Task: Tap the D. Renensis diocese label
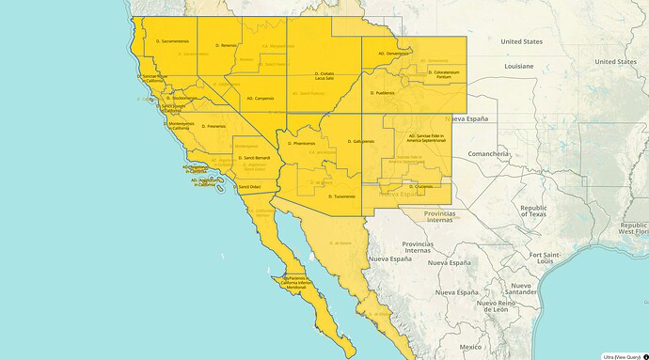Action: [x=227, y=45]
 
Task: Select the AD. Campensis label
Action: [x=261, y=98]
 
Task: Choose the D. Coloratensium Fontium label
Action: [x=443, y=73]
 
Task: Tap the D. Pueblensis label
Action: [x=384, y=93]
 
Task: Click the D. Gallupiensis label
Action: [x=360, y=142]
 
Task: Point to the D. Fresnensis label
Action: [x=217, y=126]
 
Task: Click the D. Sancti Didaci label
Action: [x=249, y=187]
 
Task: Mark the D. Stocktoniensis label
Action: [x=184, y=98]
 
